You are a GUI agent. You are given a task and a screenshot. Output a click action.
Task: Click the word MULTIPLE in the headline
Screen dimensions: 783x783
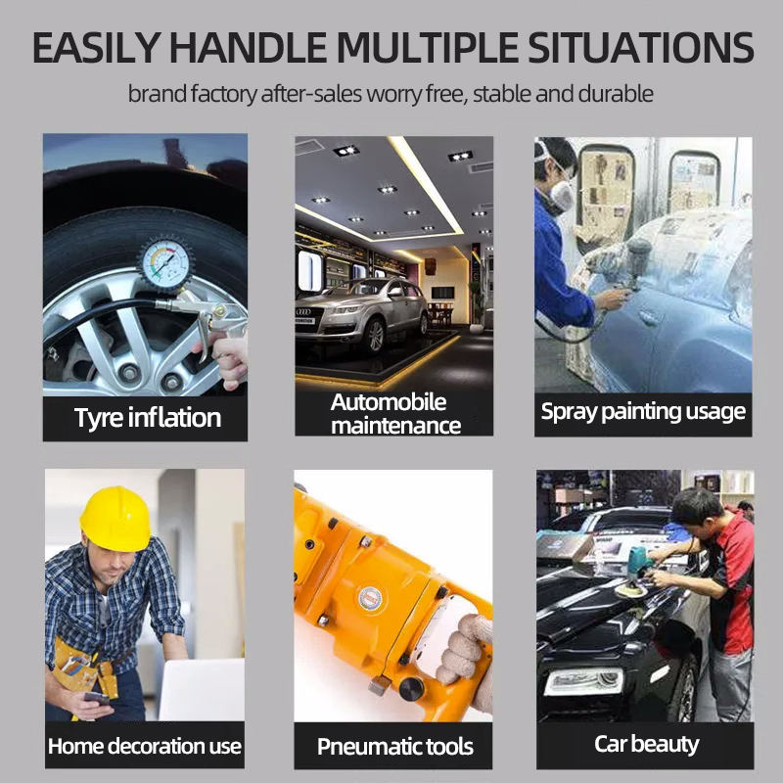point(428,48)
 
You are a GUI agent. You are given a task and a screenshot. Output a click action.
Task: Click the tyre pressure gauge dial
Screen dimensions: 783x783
point(163,262)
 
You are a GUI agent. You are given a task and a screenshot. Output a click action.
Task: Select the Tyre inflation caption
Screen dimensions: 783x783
point(148,418)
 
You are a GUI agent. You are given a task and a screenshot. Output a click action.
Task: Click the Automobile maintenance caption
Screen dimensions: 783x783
point(395,414)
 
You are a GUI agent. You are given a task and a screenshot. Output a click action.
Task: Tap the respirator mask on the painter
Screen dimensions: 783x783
point(561,197)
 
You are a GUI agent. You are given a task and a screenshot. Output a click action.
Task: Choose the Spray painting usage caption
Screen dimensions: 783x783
point(643,412)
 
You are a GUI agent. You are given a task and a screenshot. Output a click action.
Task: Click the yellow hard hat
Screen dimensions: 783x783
point(115,519)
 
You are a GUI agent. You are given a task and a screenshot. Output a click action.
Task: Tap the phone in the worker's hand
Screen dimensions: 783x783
point(96,698)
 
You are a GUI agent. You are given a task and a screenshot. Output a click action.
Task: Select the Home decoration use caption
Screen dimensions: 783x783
point(145,746)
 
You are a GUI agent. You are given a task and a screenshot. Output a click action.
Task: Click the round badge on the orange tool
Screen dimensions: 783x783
point(371,598)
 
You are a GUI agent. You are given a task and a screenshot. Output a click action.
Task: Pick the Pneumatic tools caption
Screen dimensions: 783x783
point(395,747)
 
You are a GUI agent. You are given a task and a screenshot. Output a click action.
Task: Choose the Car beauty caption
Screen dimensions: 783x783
point(646,745)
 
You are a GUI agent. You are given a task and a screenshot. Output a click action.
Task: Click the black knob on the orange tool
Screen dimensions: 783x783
point(411,689)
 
